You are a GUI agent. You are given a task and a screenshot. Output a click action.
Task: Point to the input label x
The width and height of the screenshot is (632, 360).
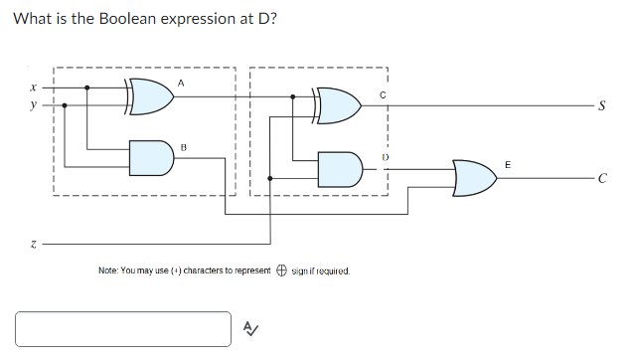[35, 88]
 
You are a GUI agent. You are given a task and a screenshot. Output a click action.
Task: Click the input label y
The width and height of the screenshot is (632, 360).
[35, 103]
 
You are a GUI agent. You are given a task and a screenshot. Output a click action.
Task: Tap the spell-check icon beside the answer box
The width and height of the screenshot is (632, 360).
[250, 329]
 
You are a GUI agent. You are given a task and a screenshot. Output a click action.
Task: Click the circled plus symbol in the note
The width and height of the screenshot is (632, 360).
[281, 270]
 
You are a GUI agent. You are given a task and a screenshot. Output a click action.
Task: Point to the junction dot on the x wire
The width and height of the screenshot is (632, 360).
[88, 88]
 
